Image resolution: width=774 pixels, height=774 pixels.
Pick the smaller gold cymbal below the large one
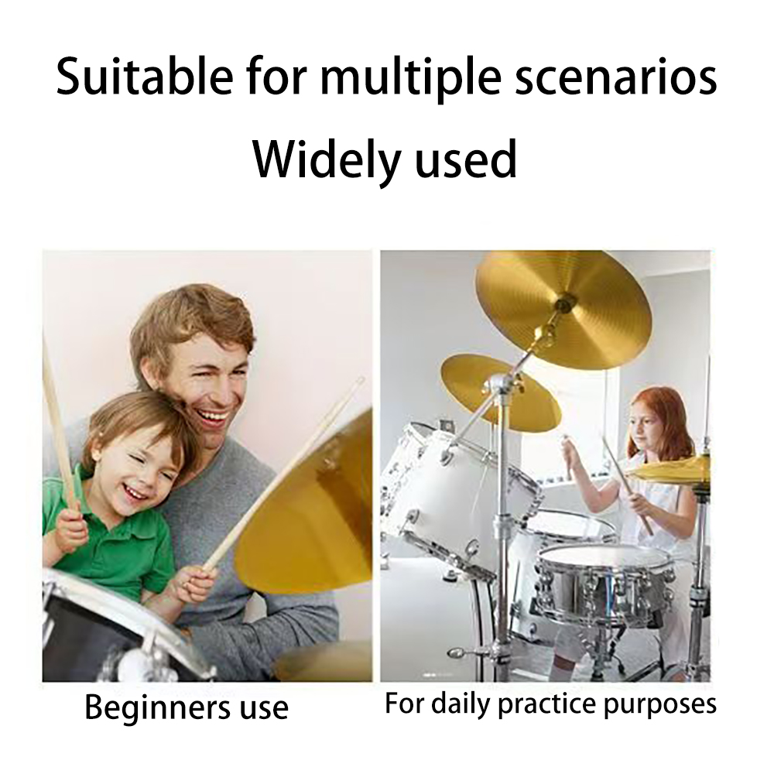[499, 391]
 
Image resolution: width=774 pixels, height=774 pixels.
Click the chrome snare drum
[604, 584]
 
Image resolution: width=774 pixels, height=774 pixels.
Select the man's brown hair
[190, 317]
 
